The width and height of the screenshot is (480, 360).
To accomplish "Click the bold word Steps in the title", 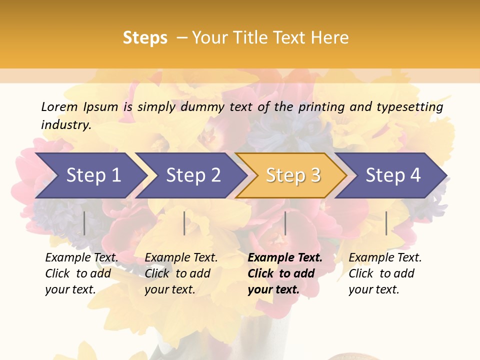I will (145, 37).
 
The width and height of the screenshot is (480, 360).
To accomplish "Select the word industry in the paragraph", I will (65, 124).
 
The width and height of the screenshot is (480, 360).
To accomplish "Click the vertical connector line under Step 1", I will (84, 223).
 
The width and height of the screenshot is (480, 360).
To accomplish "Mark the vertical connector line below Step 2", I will (184, 223).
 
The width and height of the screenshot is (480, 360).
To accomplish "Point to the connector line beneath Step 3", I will (285, 223).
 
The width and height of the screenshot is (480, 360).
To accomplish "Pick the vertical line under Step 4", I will (386, 223).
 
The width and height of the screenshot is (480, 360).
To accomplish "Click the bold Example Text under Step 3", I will (285, 258).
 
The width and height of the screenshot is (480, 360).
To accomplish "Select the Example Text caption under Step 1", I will (81, 258).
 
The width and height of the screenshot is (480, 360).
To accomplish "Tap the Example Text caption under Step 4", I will (385, 258).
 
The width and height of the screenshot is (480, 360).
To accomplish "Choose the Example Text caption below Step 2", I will (181, 258).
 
